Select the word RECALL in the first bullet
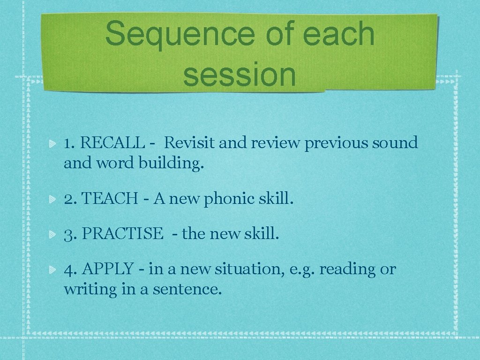click(x=112, y=142)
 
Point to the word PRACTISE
click(x=122, y=233)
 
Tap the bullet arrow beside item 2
click(x=53, y=200)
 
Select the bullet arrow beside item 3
click(x=53, y=234)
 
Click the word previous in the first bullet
click(x=336, y=142)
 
